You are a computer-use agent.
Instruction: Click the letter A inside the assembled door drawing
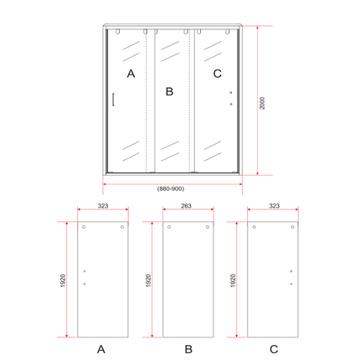point(131,74)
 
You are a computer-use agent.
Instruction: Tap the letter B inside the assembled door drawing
point(169,91)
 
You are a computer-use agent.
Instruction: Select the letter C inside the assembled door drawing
point(218,74)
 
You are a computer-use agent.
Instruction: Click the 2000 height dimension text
point(262,103)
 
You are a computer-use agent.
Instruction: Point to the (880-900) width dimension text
point(171,189)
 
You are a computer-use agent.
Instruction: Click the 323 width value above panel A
point(103,206)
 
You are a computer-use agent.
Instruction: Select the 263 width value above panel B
point(186,206)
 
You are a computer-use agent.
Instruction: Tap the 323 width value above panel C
point(274,206)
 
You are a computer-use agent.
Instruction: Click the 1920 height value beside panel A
point(63,280)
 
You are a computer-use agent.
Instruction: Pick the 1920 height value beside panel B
point(148,280)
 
